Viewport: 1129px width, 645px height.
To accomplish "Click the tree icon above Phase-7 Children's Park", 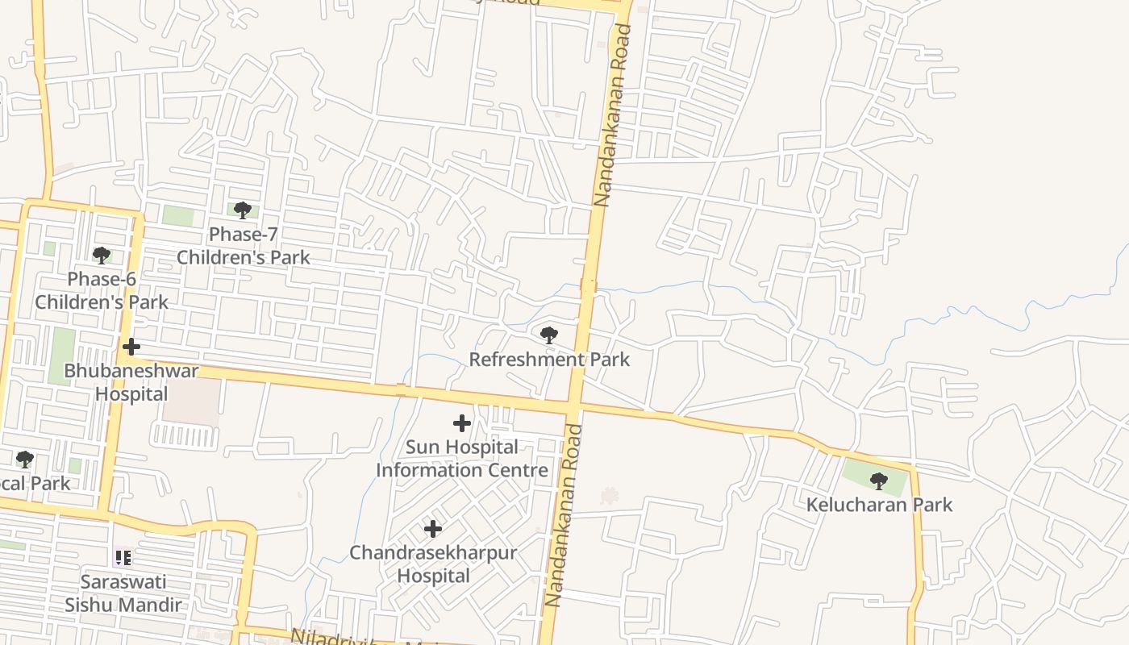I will coord(242,210).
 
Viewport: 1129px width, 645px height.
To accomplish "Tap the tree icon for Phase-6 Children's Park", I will coord(101,256).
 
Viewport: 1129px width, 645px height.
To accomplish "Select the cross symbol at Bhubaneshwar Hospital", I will coord(131,347).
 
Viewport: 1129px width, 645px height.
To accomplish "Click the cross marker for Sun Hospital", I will coord(461,422).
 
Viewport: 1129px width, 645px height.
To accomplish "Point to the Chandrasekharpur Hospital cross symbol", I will coord(433,529).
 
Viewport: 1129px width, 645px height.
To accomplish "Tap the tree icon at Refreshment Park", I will coord(548,335).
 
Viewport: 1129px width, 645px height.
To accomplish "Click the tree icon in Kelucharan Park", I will coord(879,481).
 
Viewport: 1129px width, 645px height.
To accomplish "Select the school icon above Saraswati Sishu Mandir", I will coord(123,557).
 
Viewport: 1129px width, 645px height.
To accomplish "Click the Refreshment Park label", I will coord(549,359).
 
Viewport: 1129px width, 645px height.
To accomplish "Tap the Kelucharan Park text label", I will coord(879,505).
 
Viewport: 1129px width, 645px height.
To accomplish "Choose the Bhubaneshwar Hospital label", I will coord(131,382).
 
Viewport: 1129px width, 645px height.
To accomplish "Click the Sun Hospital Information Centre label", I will coord(462,458).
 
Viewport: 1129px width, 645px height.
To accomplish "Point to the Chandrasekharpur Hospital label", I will coord(433,564).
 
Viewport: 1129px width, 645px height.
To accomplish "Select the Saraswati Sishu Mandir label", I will coord(123,593).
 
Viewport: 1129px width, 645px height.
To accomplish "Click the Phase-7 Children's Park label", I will coord(243,246).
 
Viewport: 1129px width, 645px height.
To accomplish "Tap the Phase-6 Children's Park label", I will coord(102,290).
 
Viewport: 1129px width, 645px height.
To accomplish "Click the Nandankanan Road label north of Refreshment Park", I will coord(612,114).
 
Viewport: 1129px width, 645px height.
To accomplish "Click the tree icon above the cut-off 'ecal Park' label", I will coord(24,460).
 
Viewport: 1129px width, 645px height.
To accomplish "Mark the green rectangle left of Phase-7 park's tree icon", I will coord(178,215).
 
